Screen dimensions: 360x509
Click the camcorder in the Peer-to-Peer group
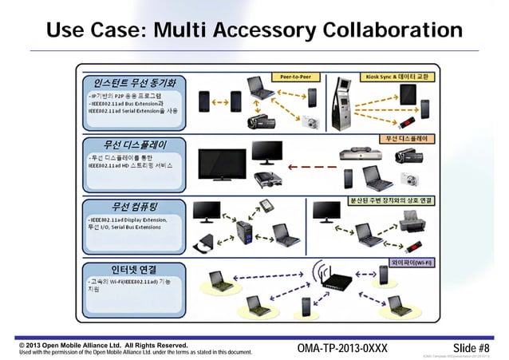(261, 120)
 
